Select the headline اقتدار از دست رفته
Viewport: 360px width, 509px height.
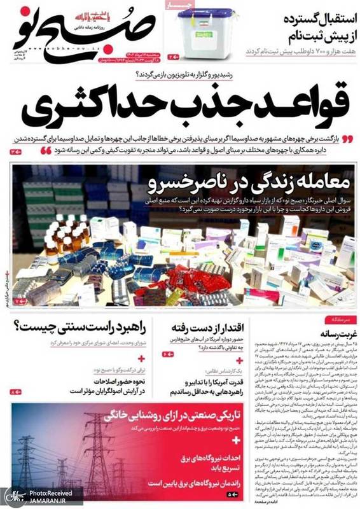[x=200, y=328]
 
